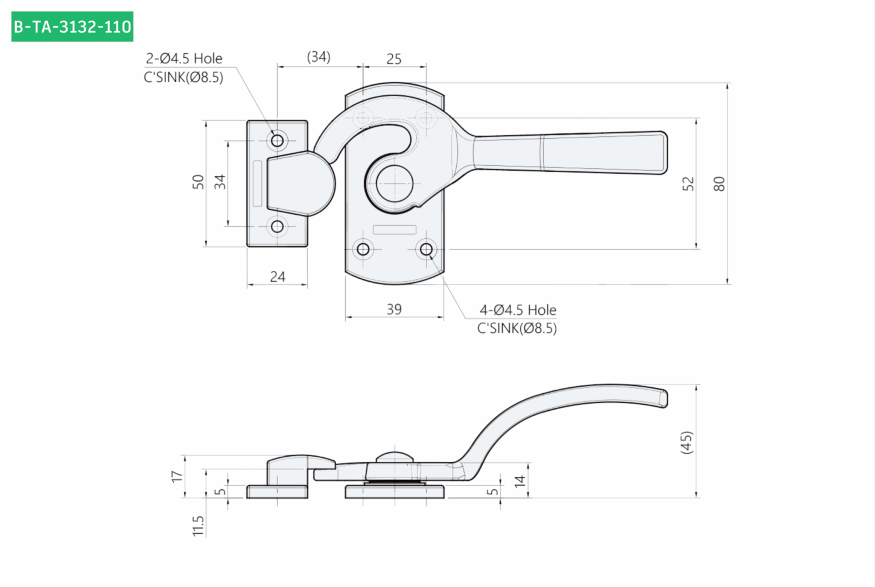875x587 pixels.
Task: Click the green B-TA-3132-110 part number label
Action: pos(72,27)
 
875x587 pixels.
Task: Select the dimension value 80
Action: pos(719,183)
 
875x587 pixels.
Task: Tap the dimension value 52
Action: pos(688,183)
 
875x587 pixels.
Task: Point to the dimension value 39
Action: pos(394,309)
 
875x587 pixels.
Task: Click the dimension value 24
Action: pos(278,277)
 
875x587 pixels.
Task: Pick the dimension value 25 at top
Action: pos(393,59)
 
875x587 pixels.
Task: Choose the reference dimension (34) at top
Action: pos(319,57)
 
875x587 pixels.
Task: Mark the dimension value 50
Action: pos(199,182)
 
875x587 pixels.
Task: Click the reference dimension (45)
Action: pos(686,442)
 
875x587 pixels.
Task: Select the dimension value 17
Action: pos(177,476)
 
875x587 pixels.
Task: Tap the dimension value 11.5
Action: pos(198,526)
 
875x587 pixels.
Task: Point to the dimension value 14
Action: pos(520,481)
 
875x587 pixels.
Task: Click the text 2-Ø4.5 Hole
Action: pos(184,59)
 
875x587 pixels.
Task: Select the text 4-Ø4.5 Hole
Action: pos(518,310)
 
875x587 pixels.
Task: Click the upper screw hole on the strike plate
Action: pos(278,141)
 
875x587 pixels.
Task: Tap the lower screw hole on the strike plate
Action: pos(278,226)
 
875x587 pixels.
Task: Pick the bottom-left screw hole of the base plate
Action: pos(363,249)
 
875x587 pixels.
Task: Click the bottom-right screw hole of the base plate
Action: pos(426,249)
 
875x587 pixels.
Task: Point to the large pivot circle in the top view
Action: pos(395,183)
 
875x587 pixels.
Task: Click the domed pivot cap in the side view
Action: pos(395,457)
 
